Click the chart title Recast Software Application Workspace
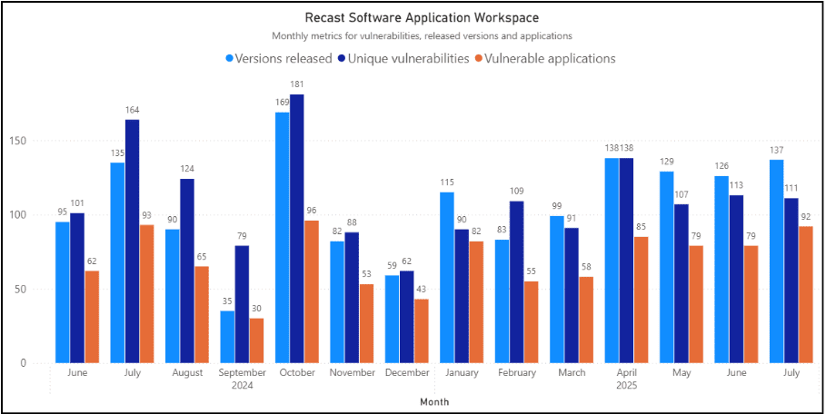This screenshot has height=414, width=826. (422, 17)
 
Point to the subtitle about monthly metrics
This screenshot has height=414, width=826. (422, 36)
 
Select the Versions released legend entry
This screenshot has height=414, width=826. (279, 58)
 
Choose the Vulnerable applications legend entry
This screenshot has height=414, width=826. (544, 58)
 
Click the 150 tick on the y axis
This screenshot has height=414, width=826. (37, 141)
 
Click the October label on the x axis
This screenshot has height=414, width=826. (297, 373)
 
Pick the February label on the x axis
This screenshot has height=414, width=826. (516, 373)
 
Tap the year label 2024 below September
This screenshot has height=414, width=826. (242, 385)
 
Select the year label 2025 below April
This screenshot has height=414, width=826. (626, 385)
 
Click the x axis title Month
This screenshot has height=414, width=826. (434, 400)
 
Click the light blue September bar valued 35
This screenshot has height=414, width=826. (227, 337)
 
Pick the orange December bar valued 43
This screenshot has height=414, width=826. (421, 331)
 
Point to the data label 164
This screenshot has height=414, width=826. (133, 111)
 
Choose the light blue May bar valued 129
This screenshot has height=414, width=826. (667, 267)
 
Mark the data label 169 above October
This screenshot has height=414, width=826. (282, 103)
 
